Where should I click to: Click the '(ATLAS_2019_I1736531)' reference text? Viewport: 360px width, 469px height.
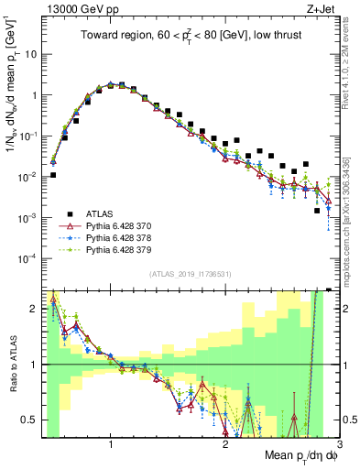point(191,273)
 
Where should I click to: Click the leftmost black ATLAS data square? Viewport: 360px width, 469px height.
point(53,175)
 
